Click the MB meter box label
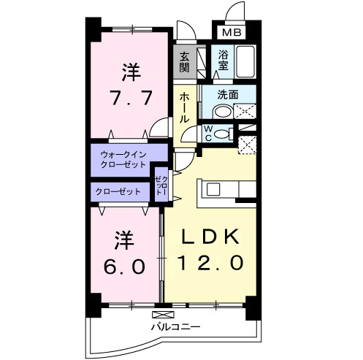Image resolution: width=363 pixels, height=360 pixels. [232, 33]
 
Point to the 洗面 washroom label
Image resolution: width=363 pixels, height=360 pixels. [229, 94]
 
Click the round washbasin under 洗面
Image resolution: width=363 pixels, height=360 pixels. [221, 110]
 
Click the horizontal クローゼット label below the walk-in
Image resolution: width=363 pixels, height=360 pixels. [118, 191]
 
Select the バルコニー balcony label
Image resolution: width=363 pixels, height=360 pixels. [175, 326]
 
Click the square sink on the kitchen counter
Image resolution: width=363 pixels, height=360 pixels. [213, 190]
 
